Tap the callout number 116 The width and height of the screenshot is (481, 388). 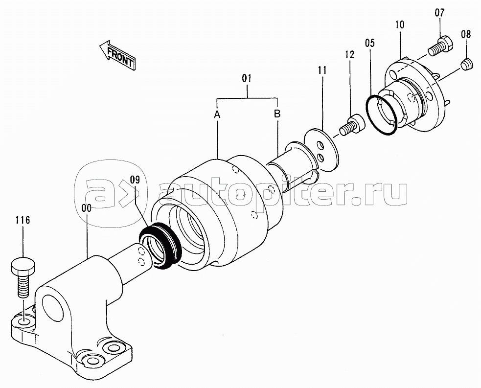[x=23, y=220]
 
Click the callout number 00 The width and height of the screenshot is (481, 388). [x=87, y=208]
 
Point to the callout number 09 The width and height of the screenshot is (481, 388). [x=135, y=180]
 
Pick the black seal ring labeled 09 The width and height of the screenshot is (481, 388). [x=160, y=246]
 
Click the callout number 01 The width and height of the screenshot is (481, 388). [x=247, y=78]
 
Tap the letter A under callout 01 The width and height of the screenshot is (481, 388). [x=217, y=114]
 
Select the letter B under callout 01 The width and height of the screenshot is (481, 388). [x=277, y=114]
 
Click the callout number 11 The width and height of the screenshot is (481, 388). [x=322, y=70]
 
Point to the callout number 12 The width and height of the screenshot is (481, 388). [x=350, y=54]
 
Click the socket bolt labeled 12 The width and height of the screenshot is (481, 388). [x=352, y=125]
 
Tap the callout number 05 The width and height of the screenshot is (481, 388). [x=369, y=43]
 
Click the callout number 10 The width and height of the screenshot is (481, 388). [x=400, y=24]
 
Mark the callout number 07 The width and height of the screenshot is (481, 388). [x=439, y=13]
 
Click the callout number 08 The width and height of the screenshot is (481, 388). [x=466, y=34]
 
